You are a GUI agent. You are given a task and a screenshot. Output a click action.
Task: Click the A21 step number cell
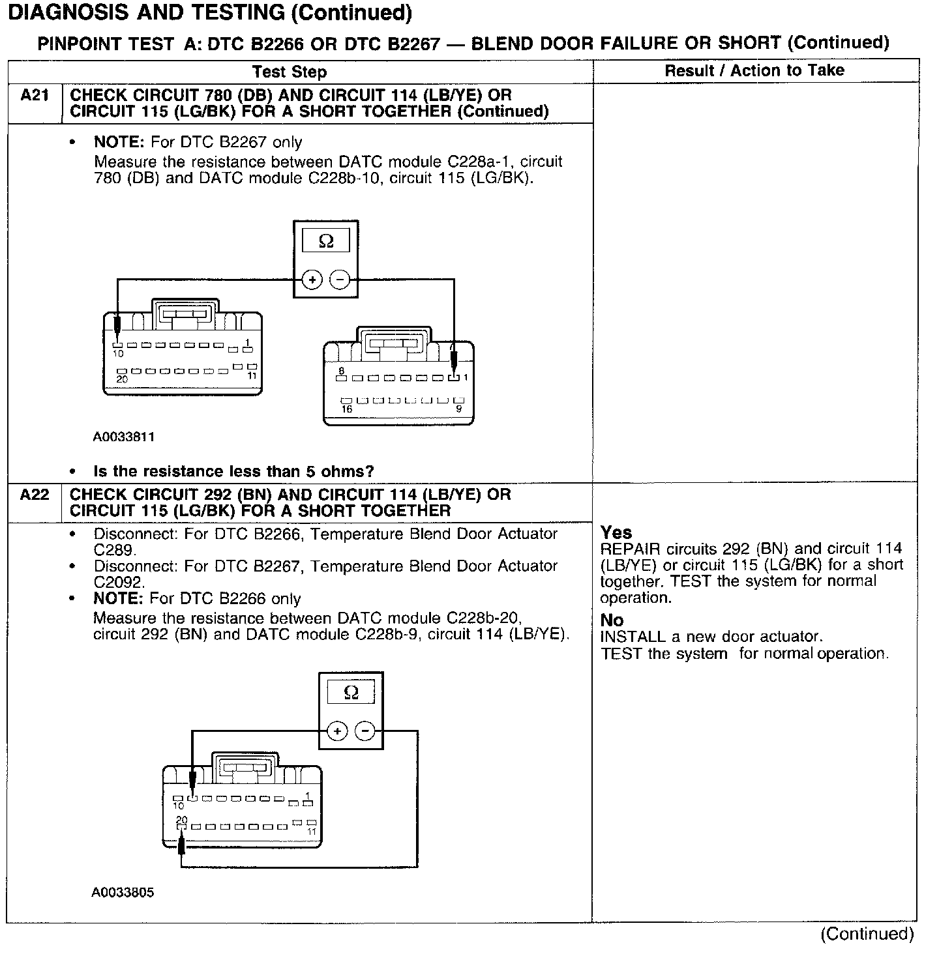(x=35, y=96)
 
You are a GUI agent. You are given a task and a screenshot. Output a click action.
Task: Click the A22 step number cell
(x=35, y=495)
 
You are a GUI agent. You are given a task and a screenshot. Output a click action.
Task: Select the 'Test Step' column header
(x=289, y=72)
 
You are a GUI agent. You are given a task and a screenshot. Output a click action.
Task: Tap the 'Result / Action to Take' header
(x=754, y=70)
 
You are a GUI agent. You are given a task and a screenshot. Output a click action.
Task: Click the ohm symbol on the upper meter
(x=326, y=242)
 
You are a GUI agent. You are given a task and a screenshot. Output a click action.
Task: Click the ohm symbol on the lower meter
(x=351, y=693)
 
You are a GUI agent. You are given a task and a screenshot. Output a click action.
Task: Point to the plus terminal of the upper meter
(x=313, y=280)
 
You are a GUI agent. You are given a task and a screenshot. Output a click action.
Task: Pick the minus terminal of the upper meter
(x=339, y=280)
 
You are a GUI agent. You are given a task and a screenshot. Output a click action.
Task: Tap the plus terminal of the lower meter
(x=337, y=731)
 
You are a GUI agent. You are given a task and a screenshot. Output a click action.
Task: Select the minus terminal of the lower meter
(x=365, y=731)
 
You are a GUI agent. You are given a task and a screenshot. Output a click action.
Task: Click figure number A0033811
(x=124, y=437)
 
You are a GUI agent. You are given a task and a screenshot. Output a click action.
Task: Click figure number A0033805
(x=123, y=892)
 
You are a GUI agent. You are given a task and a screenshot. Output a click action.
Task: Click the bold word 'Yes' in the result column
(x=616, y=532)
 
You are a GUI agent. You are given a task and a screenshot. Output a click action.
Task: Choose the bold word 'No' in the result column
(x=612, y=620)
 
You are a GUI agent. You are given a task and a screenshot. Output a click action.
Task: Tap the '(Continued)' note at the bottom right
(x=867, y=934)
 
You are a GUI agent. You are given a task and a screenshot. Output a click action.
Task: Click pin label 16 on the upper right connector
(x=347, y=409)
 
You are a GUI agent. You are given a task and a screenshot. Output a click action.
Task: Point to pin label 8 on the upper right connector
(x=341, y=370)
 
